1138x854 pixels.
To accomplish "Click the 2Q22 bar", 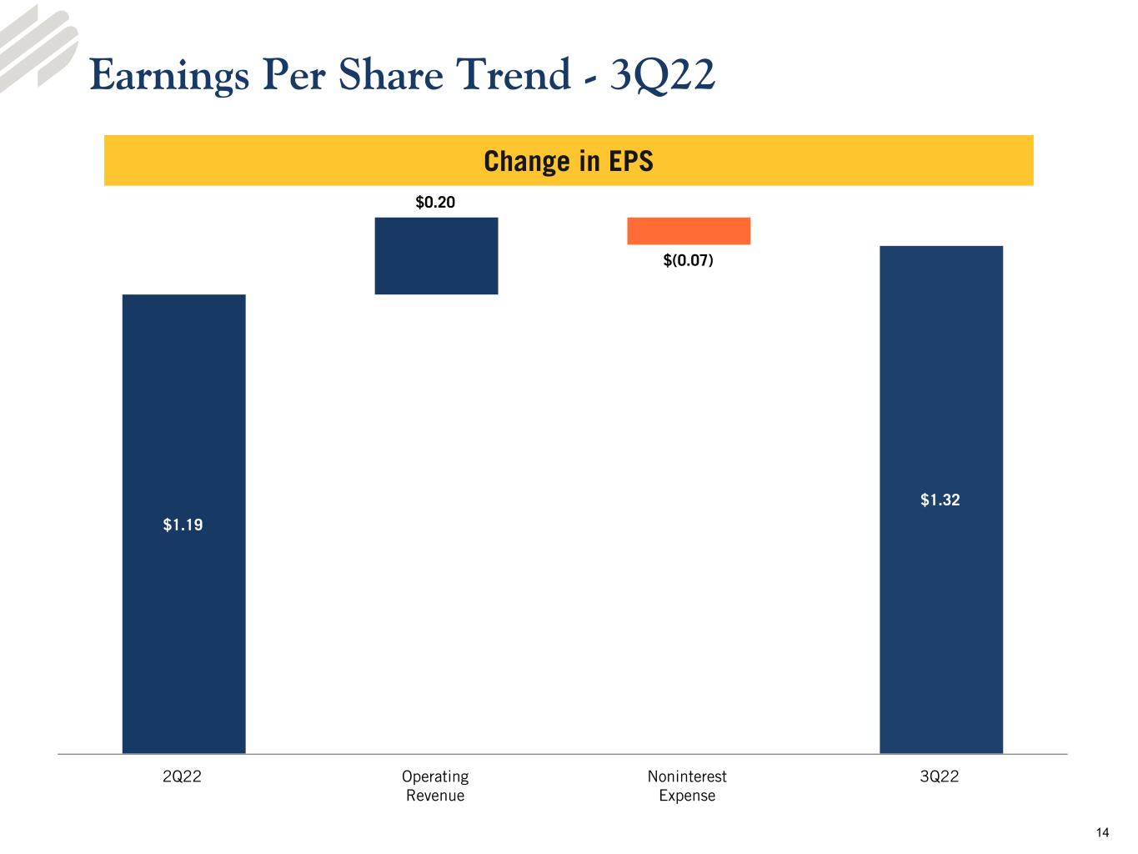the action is coord(183,524).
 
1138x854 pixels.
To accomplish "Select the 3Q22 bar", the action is coord(941,500).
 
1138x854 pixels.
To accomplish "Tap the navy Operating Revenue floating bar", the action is coord(436,256).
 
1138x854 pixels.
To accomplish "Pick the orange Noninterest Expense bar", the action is coord(689,231).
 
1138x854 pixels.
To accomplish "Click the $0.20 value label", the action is coord(435,202).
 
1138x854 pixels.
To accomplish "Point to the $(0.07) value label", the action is coord(689,259).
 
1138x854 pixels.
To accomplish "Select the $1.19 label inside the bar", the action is coord(183,525).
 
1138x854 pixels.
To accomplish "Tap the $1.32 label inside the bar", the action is coord(940,500).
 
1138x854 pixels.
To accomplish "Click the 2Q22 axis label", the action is coord(182,776).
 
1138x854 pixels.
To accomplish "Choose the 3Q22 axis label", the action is coord(940,776).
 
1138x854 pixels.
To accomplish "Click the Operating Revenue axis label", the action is coord(435,786).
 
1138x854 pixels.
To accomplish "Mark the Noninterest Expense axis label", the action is coord(688,786).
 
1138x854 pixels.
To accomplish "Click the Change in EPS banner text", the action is coord(569,161).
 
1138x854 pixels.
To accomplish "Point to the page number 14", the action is coord(1103,832).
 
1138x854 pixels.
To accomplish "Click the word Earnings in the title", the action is coord(169,76).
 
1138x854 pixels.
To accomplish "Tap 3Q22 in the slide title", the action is coord(663,76).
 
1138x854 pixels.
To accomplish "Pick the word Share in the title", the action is coord(391,74).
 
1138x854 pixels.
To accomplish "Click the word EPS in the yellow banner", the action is coord(631,161).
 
